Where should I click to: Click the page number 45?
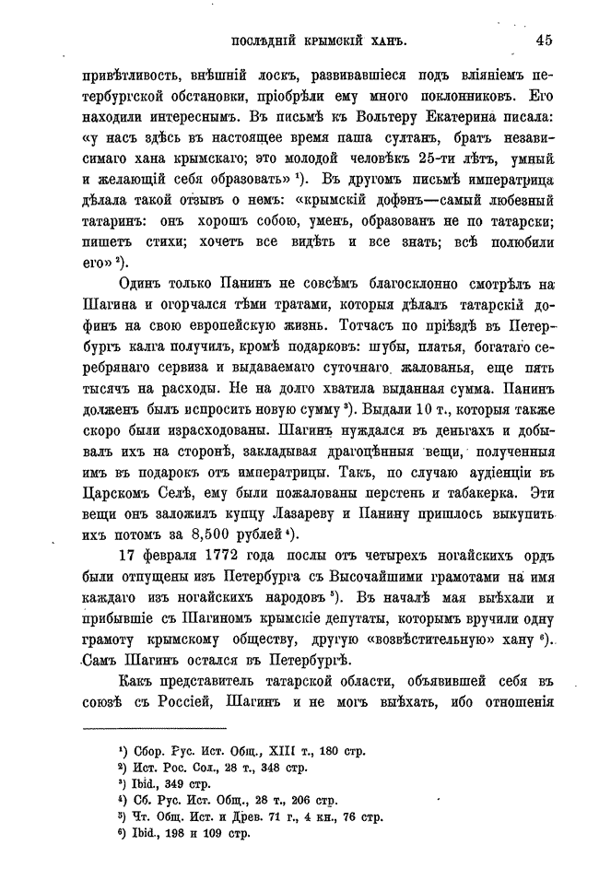[x=541, y=40]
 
